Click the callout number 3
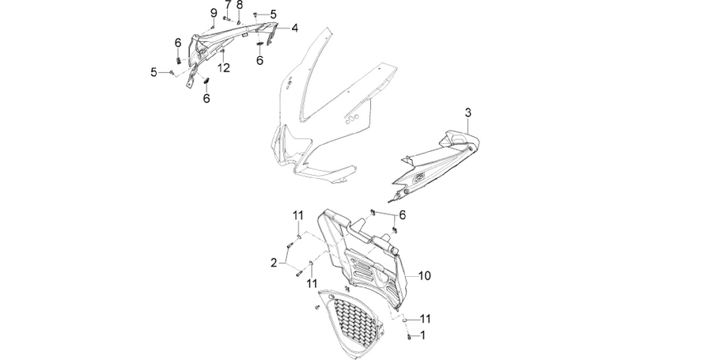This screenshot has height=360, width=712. tap(468, 113)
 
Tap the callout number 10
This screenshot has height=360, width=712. tap(424, 275)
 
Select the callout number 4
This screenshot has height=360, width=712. tap(295, 28)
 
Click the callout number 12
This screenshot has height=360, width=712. tap(223, 68)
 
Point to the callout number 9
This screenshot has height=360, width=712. tap(214, 13)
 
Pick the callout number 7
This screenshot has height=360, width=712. tap(228, 6)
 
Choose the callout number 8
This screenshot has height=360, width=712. tap(240, 6)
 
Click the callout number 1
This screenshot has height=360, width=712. tap(423, 335)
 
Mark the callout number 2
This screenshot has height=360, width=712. tap(274, 263)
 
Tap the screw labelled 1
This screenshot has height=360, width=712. tap(410, 336)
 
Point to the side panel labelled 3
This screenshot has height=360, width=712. tap(436, 165)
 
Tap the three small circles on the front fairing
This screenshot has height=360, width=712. tap(352, 119)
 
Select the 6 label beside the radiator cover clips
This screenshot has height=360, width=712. tap(403, 215)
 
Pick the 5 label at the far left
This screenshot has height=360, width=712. tap(154, 72)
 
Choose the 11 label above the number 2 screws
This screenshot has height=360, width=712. tap(298, 215)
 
